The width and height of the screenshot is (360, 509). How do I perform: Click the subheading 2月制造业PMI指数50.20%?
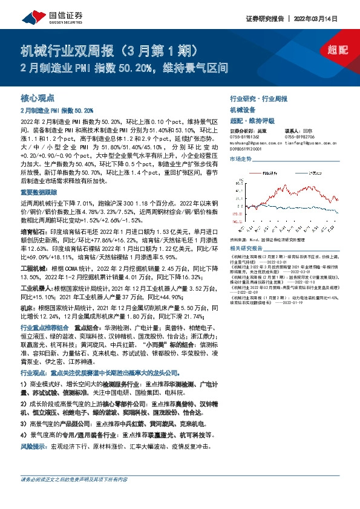(57, 111)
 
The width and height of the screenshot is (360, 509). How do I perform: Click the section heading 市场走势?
(240, 158)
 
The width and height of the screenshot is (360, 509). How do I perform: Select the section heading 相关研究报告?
(246, 248)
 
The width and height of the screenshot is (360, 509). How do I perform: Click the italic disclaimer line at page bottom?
(74, 479)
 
